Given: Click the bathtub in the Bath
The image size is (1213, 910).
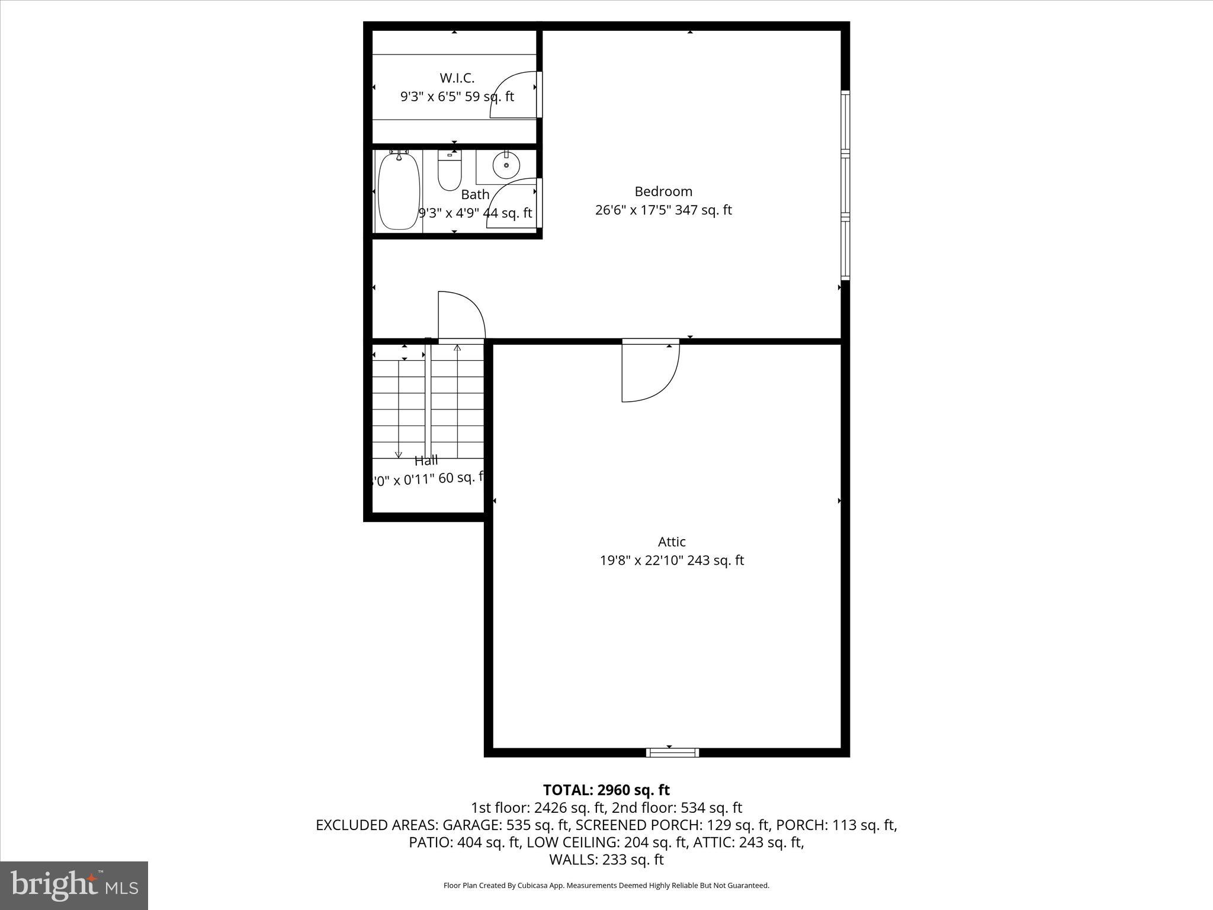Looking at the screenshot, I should point(399,191).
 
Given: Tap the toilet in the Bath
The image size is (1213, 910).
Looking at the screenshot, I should point(450,171).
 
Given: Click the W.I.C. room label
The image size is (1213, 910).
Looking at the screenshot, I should point(457,78).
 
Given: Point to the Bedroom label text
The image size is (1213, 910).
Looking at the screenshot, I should point(663,191).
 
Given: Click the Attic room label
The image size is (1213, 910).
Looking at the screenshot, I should point(672,541).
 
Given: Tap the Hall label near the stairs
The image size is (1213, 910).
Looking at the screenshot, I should point(426,460).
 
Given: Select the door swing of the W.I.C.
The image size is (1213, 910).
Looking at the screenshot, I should point(512,95).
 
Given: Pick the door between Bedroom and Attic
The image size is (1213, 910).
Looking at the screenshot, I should point(650,371).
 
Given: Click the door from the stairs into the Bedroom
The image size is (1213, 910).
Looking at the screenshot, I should point(461,316).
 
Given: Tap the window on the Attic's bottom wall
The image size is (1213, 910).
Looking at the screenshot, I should point(672,752).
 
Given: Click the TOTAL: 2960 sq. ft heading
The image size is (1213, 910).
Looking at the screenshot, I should point(606,790).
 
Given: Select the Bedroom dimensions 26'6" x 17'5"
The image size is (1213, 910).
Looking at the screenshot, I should point(663,210).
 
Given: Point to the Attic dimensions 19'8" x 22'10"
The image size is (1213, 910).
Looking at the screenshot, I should point(672,560).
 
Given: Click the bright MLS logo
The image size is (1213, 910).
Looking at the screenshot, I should point(74,885).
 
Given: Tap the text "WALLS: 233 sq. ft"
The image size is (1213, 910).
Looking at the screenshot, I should point(606,860).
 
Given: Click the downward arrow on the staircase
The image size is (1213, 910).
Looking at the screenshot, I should point(399,453).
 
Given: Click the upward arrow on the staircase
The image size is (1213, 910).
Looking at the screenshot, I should point(457,348).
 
